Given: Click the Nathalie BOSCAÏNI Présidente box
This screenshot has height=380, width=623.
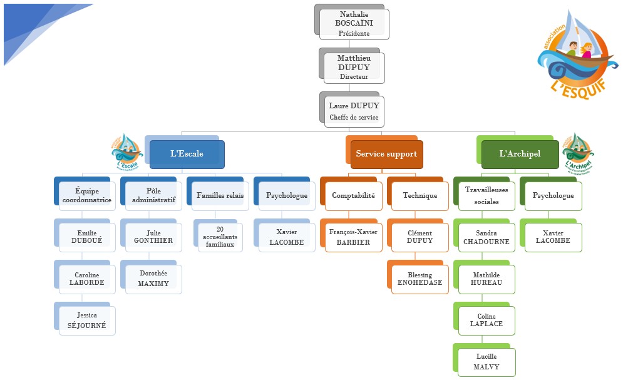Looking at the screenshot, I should point(354,24).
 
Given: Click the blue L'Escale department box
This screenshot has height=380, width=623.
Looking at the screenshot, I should point(187,154).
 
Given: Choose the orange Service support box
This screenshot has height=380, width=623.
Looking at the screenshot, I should point(386,154).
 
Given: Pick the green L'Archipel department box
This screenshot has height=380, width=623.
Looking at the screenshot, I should point(520,154).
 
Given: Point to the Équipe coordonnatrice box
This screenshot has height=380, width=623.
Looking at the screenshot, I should point(87,196).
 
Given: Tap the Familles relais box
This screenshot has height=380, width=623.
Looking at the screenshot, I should point(220,196).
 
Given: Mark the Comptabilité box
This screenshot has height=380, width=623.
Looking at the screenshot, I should point(353,196).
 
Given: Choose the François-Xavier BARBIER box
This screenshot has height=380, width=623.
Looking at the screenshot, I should point(353,237).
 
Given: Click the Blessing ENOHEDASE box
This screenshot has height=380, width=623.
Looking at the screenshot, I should point(420,279).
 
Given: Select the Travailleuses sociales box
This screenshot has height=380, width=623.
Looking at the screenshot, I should point(487,196).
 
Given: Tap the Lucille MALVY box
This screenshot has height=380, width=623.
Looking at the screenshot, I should point(487,362).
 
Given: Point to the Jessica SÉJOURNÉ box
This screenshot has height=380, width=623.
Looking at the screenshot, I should point(87,321).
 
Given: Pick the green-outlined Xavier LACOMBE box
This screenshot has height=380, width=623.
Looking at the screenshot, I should point(553,237).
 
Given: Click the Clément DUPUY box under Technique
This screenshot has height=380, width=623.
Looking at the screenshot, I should point(420,237).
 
